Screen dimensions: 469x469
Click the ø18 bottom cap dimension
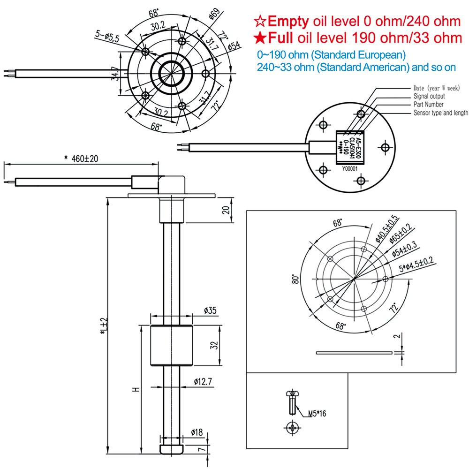(x=197, y=432)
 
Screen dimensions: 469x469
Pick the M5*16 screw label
(x=317, y=414)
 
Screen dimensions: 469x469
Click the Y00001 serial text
(x=350, y=169)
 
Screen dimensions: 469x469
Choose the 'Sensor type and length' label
(x=440, y=113)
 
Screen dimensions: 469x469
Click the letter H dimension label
(x=135, y=389)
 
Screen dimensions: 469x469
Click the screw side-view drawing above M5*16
(x=291, y=402)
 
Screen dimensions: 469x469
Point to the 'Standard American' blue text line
(x=356, y=68)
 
